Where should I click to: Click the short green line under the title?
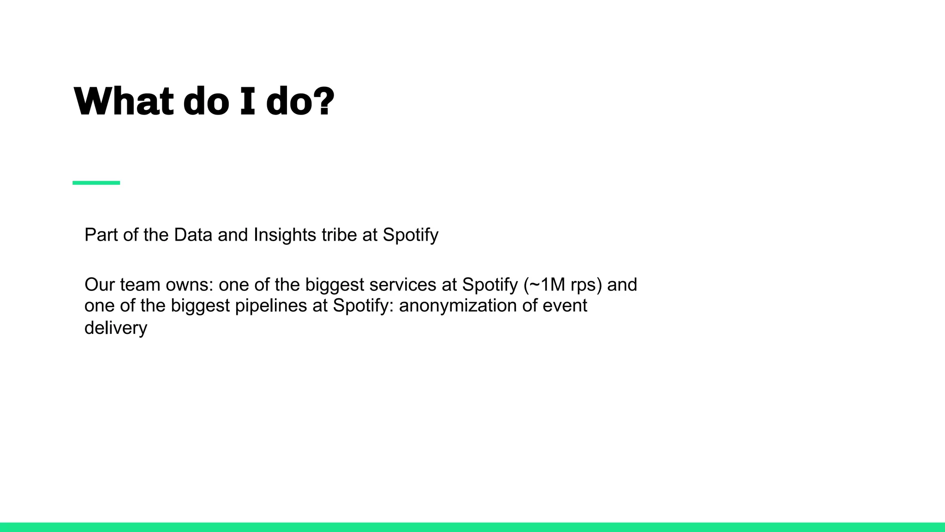click(x=96, y=183)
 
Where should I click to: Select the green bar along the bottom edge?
click(x=472, y=527)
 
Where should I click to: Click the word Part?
click(x=101, y=235)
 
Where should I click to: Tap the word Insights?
click(x=285, y=235)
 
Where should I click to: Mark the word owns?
click(x=190, y=285)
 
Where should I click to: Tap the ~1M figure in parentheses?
click(x=547, y=285)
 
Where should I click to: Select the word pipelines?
click(x=271, y=306)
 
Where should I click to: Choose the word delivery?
click(x=116, y=328)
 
